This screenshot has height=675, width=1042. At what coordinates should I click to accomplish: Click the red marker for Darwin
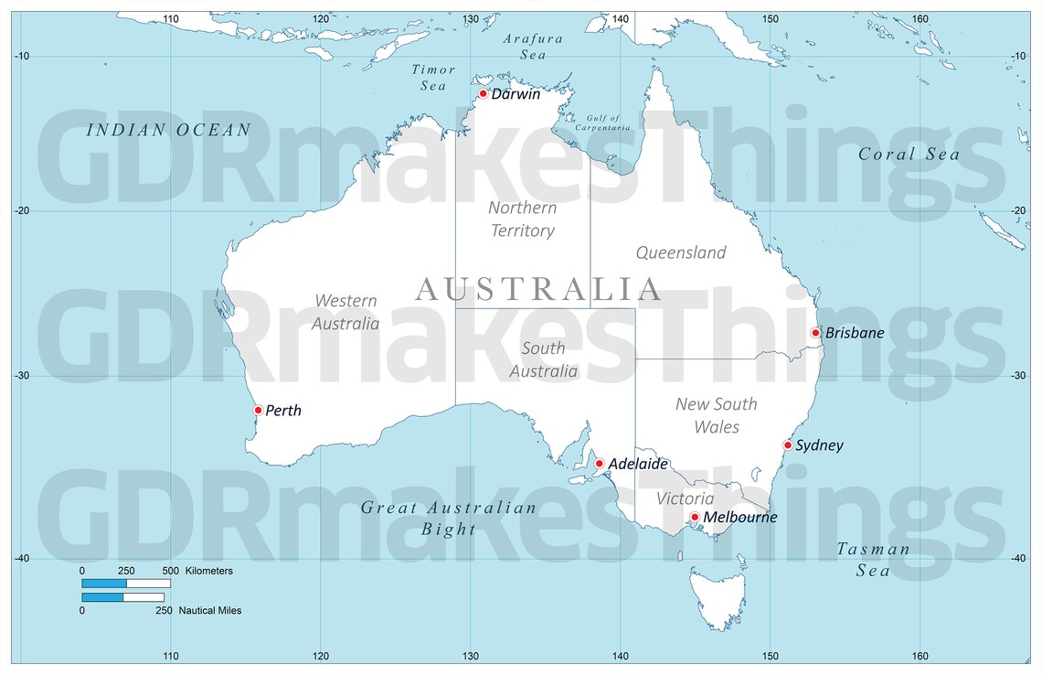click(483, 93)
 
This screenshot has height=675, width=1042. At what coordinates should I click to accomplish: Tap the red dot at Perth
click(258, 410)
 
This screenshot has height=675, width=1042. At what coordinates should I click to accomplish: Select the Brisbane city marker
click(815, 332)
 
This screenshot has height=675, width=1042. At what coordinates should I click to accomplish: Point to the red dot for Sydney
click(787, 445)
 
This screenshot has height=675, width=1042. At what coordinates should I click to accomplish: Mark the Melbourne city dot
click(695, 517)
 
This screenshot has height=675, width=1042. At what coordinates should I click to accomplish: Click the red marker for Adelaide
click(600, 464)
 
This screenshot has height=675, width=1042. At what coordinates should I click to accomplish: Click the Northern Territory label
click(522, 219)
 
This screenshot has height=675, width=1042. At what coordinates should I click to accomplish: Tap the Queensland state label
click(680, 252)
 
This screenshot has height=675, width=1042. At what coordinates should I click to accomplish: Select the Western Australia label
click(346, 312)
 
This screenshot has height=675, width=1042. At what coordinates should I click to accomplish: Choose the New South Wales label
click(716, 415)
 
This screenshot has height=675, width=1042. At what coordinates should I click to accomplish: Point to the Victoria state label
click(686, 498)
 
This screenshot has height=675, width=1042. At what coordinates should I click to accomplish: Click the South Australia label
click(543, 359)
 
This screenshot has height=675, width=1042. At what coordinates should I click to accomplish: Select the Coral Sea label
click(909, 155)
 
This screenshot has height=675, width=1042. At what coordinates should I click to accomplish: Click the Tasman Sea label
click(873, 560)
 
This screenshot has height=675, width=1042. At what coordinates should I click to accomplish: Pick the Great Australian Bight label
click(448, 518)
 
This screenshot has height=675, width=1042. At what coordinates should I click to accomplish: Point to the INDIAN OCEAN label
click(167, 130)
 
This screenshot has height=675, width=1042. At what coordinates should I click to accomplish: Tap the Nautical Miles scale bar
click(122, 598)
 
